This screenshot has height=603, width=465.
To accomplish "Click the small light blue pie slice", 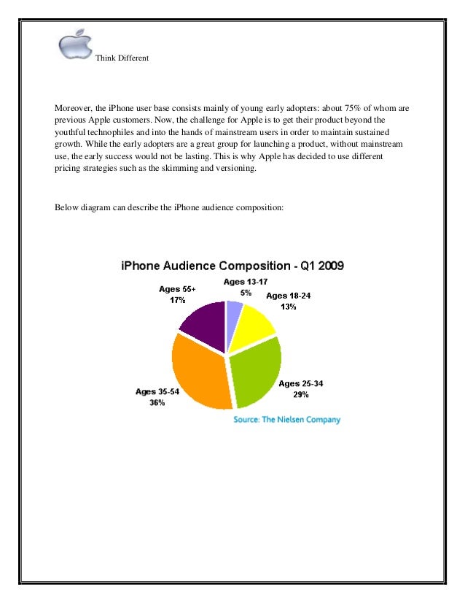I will pyautogui.click(x=233, y=311).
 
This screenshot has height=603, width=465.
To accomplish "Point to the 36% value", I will pyautogui.click(x=157, y=403).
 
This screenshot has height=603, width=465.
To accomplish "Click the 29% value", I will pyautogui.click(x=301, y=395).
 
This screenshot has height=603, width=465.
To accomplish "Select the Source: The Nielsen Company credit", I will pyautogui.click(x=286, y=420).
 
